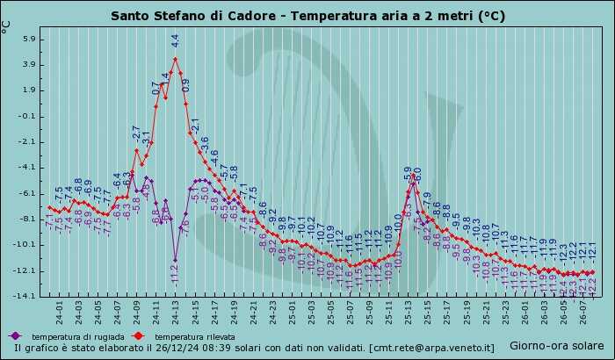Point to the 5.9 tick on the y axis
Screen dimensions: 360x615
point(25,40)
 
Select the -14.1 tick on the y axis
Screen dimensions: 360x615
point(23,297)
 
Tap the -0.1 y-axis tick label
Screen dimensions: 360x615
point(25,116)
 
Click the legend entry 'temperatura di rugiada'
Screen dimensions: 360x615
point(69,336)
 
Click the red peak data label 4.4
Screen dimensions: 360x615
point(175,40)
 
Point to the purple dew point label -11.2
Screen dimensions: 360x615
point(174,275)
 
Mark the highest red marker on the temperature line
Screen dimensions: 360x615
point(175,59)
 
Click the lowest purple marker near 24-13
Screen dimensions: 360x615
point(175,260)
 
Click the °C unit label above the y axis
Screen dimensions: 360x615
point(7,26)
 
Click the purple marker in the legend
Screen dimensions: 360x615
point(15,335)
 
